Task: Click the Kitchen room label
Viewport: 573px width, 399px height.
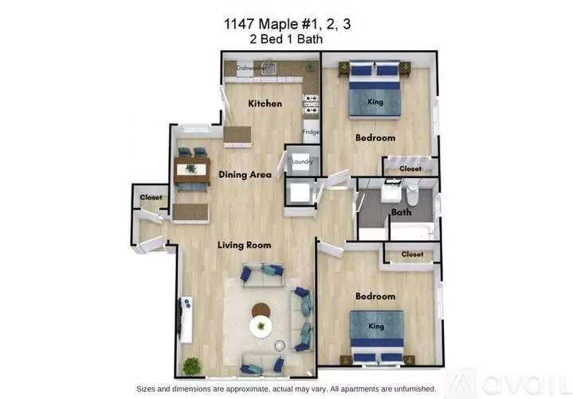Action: tap(265, 104)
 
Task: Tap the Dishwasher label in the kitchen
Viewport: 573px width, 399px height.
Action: tap(251, 69)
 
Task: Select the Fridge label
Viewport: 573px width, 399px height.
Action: tap(309, 132)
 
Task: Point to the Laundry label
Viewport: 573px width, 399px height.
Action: tap(302, 162)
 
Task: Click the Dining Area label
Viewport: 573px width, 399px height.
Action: tap(245, 174)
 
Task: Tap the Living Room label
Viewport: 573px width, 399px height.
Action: tap(245, 244)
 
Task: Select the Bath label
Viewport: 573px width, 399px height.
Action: tap(400, 212)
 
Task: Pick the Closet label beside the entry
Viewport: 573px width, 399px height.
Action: tap(151, 197)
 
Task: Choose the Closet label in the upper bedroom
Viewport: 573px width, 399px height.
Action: tap(410, 168)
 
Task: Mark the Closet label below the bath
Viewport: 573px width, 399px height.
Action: tap(411, 254)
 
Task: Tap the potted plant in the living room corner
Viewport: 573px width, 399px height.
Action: tap(192, 366)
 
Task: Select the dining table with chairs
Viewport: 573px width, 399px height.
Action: tap(192, 169)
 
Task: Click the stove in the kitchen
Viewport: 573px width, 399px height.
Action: tap(311, 104)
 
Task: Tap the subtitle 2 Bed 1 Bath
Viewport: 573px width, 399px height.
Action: tap(286, 39)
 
